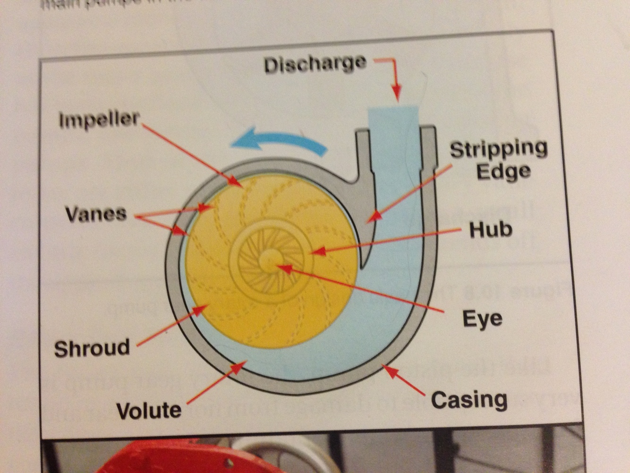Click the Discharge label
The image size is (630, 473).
[x=315, y=64]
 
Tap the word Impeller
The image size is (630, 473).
[x=100, y=120]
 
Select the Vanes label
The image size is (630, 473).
[x=96, y=214]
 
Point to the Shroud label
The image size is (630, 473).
[x=92, y=348]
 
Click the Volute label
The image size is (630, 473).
[x=149, y=410]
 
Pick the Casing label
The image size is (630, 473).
[x=469, y=400]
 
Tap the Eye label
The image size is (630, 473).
[x=482, y=318]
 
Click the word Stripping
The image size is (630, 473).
[x=498, y=149]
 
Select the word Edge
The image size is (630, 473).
[x=503, y=171]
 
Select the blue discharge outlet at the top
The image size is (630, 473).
[x=393, y=118]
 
